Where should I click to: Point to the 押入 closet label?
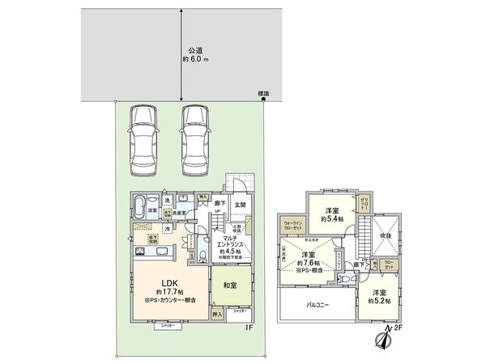click(217, 311)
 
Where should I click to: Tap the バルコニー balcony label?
click(317, 307)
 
